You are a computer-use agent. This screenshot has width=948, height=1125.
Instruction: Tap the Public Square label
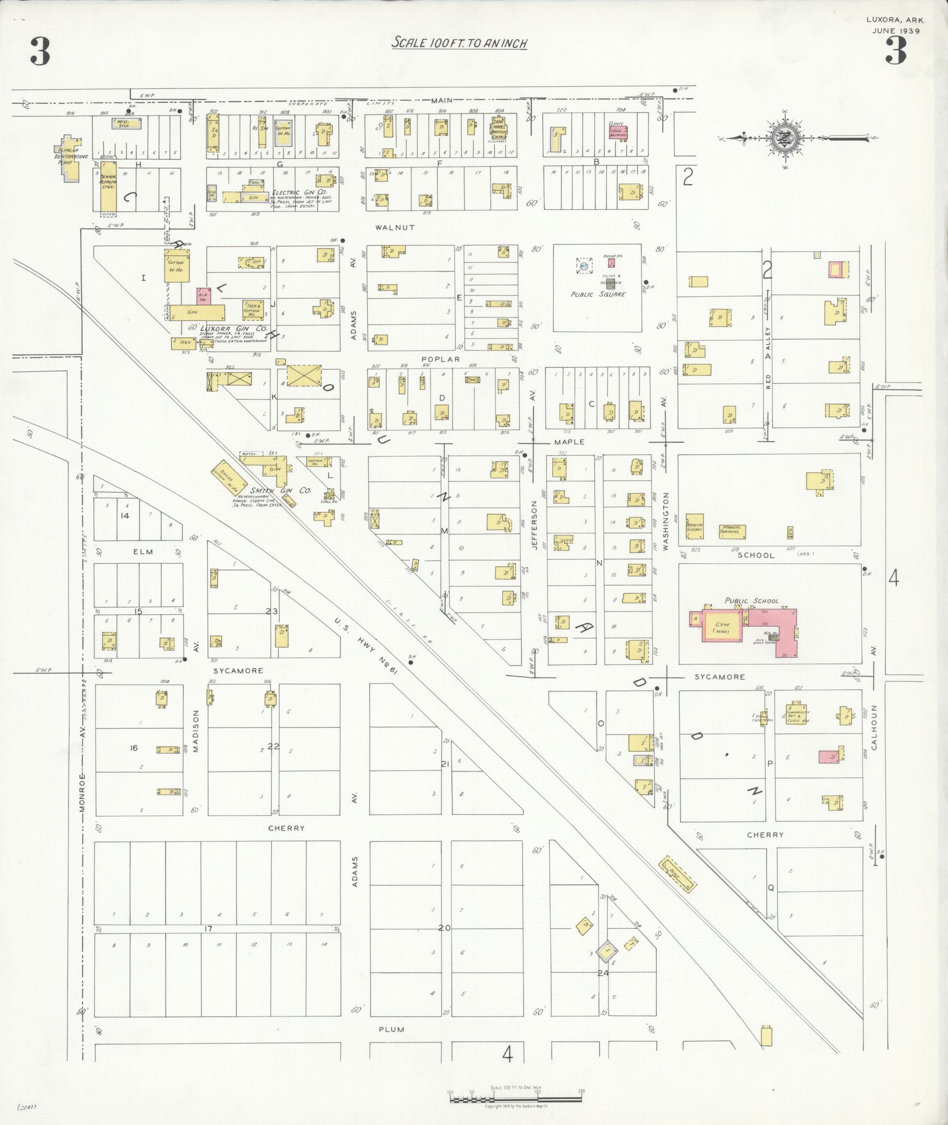click(x=598, y=294)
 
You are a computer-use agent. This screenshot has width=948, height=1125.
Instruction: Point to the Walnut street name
click(x=395, y=228)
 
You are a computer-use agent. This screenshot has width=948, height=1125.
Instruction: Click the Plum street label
click(x=391, y=1029)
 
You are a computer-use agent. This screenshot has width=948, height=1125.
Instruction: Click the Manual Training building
click(x=732, y=532)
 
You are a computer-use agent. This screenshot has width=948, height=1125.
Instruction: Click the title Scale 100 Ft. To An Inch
click(x=459, y=42)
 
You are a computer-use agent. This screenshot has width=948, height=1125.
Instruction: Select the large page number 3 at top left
click(x=40, y=52)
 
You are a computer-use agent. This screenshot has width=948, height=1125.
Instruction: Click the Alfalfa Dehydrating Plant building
click(x=68, y=161)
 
